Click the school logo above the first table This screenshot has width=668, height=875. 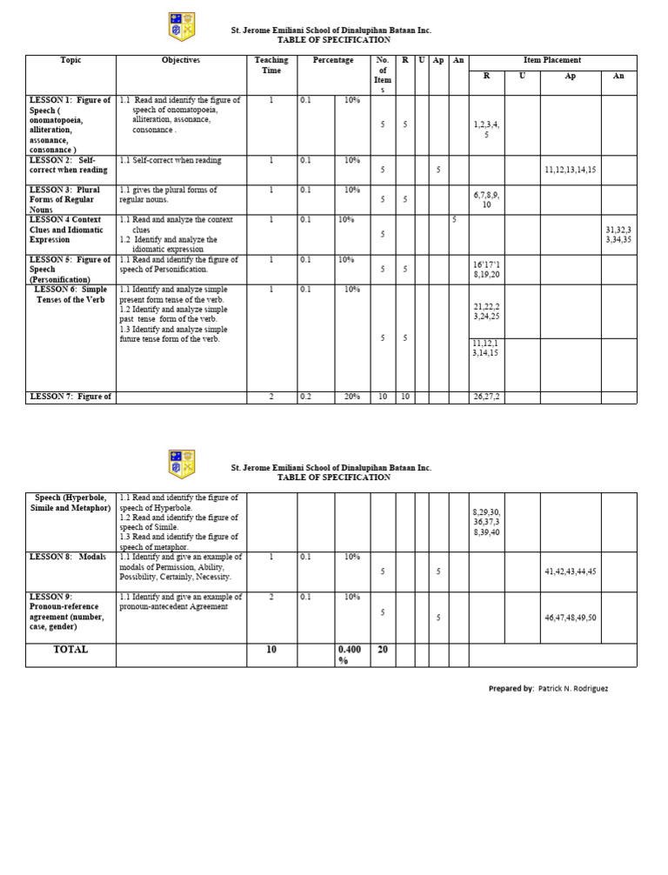[x=182, y=27]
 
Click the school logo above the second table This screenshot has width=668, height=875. [x=182, y=464]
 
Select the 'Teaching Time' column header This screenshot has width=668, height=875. [x=271, y=65]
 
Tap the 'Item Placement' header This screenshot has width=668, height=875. [x=552, y=60]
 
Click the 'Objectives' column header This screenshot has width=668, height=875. [x=181, y=60]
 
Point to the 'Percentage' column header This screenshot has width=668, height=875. [x=333, y=60]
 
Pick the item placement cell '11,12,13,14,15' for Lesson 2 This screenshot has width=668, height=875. [x=570, y=170]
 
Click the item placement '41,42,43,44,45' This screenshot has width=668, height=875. [x=570, y=571]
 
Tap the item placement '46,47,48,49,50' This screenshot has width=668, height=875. [x=570, y=617]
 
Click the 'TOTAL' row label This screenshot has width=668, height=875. [x=70, y=650]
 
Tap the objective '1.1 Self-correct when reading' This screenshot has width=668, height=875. [x=170, y=161]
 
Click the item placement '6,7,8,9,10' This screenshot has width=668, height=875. [x=486, y=200]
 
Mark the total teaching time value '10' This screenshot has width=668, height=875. [x=271, y=650]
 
